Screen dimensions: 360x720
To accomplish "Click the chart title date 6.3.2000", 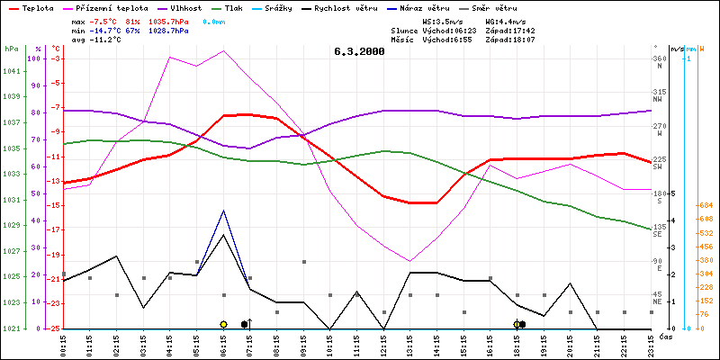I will pyautogui.click(x=359, y=51).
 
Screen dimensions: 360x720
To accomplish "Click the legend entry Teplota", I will pyautogui.click(x=37, y=6).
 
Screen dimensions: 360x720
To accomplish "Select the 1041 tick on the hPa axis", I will pyautogui.click(x=11, y=71).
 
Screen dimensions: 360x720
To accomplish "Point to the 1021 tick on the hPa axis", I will pyautogui.click(x=11, y=328).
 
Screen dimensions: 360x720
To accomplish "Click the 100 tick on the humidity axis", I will pyautogui.click(x=36, y=58).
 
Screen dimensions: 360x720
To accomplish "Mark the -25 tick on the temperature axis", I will pyautogui.click(x=55, y=328).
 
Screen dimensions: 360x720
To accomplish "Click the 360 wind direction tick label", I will pyautogui.click(x=660, y=58).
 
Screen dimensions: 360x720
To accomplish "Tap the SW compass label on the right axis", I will pyautogui.click(x=658, y=166).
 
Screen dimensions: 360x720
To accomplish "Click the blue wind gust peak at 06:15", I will pyautogui.click(x=223, y=211).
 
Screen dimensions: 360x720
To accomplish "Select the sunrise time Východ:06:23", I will pyautogui.click(x=445, y=30).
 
